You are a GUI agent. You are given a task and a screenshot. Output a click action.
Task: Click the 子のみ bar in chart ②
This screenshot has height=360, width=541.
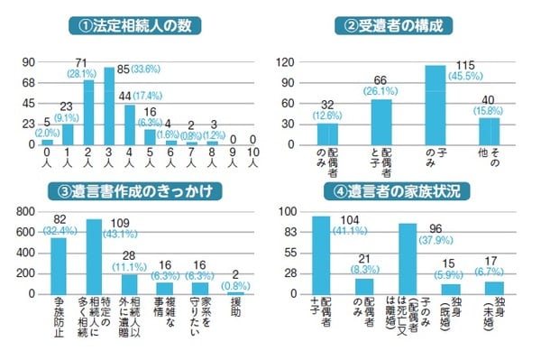click(435, 105)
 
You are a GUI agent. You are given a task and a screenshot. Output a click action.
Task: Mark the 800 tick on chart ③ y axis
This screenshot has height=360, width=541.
click(23, 211)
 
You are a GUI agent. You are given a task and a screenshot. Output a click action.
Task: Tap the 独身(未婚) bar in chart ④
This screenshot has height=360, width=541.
click(494, 288)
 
